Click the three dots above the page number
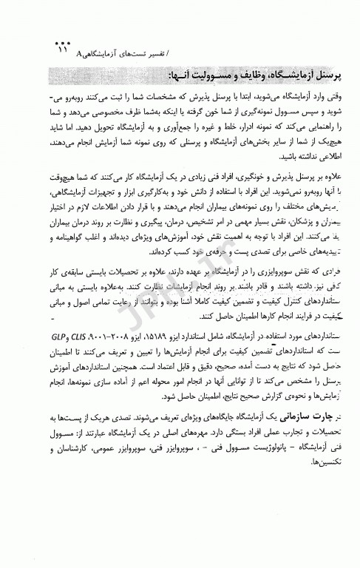tap(60, 41)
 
